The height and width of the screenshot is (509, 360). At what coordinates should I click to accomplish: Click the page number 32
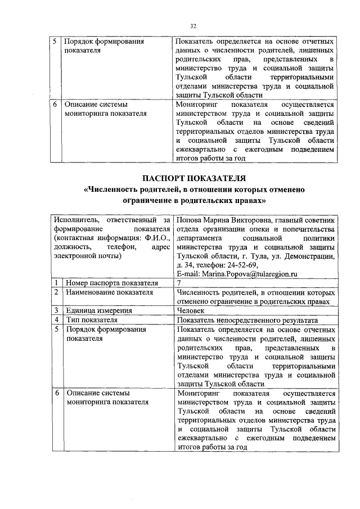[193, 26]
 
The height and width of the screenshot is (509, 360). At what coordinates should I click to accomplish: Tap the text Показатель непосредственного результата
[242, 319]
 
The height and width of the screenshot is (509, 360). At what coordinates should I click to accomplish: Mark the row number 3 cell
[57, 310]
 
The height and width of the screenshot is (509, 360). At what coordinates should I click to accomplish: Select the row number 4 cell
[57, 319]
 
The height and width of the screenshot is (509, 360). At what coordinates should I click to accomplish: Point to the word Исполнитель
[75, 220]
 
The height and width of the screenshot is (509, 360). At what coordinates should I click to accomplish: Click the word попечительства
[305, 229]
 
